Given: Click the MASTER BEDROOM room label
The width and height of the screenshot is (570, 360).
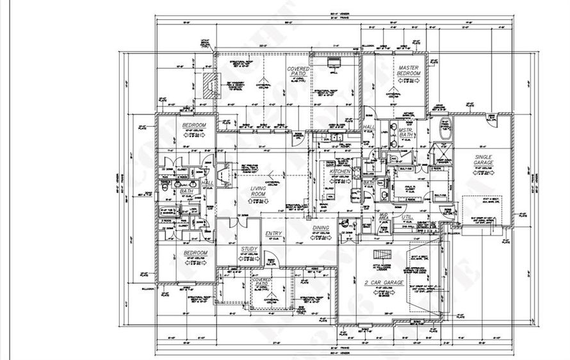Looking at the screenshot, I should coord(408,71).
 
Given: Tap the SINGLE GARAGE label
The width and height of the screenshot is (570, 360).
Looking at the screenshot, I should coord(486,160).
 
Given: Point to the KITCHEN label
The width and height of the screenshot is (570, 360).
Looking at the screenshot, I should coord(339,172).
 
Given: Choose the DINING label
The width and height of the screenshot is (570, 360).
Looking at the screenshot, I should coord(320,228).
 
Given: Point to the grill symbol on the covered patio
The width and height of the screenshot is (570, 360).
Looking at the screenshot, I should coord(333,63).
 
